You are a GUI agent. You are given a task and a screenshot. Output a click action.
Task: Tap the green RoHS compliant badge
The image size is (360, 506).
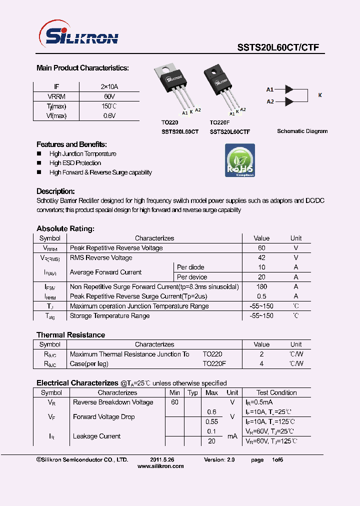(240, 160)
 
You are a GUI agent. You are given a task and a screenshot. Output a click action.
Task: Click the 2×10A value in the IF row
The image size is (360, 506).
(109, 87)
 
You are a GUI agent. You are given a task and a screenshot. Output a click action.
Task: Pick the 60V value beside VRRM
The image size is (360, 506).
(109, 96)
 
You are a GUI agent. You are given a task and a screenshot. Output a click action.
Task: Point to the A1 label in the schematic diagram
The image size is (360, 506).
(270, 89)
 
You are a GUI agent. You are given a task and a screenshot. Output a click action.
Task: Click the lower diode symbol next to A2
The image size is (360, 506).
(288, 101)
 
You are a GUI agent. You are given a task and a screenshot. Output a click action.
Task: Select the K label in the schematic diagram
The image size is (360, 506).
(320, 95)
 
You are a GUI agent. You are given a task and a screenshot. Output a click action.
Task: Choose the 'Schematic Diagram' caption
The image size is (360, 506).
(302, 131)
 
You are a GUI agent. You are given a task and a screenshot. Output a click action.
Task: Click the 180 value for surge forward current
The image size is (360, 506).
(261, 287)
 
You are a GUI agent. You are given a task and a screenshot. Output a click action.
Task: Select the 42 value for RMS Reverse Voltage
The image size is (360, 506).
(261, 258)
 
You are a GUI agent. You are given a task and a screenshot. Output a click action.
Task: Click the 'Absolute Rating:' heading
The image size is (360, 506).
(65, 228)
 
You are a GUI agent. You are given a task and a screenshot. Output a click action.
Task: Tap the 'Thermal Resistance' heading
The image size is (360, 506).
(70, 335)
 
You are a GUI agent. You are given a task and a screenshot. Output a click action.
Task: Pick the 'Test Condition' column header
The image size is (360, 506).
(276, 393)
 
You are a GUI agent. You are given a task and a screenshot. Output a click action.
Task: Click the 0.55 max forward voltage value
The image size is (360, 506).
(212, 421)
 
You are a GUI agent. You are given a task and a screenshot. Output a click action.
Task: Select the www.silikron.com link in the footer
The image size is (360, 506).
(160, 466)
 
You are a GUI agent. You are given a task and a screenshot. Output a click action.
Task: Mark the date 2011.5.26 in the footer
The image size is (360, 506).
(162, 459)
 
